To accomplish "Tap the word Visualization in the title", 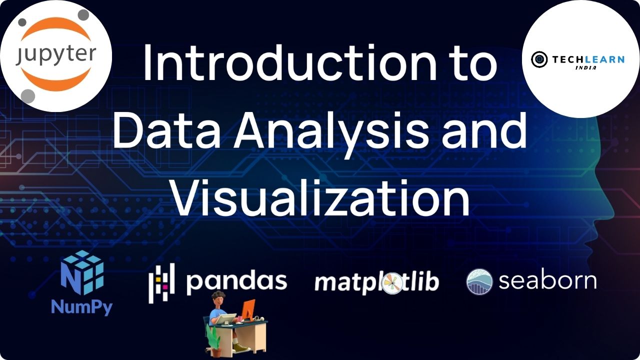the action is (x=321, y=197).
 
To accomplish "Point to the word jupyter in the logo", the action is (x=56, y=55).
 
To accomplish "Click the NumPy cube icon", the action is (x=82, y=272).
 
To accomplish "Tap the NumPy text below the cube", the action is (x=82, y=307).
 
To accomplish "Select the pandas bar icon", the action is (x=161, y=283).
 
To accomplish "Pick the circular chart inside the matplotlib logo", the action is (x=392, y=283).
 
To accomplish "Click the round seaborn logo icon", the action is (x=479, y=281).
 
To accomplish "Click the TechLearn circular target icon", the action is (x=539, y=59).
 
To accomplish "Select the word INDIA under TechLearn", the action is (x=585, y=67).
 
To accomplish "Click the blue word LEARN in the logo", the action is (x=605, y=59).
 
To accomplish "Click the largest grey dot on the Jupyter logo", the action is (x=28, y=96).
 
